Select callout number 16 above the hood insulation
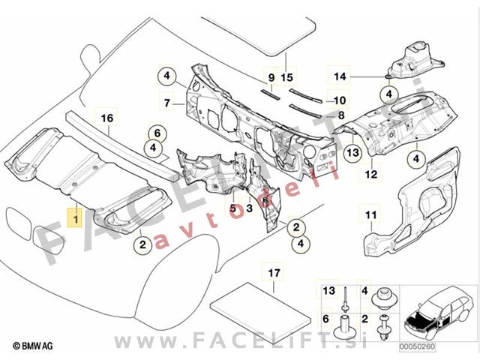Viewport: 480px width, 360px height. pyautogui.click(x=106, y=117)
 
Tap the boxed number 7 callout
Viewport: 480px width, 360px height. pyautogui.click(x=168, y=101)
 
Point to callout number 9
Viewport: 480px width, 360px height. pyautogui.click(x=271, y=78)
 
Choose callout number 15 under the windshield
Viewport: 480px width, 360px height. pyautogui.click(x=285, y=78)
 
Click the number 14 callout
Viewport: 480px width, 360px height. pyautogui.click(x=340, y=76)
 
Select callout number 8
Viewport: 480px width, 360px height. pyautogui.click(x=341, y=115)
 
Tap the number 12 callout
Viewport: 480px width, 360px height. pyautogui.click(x=370, y=175)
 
